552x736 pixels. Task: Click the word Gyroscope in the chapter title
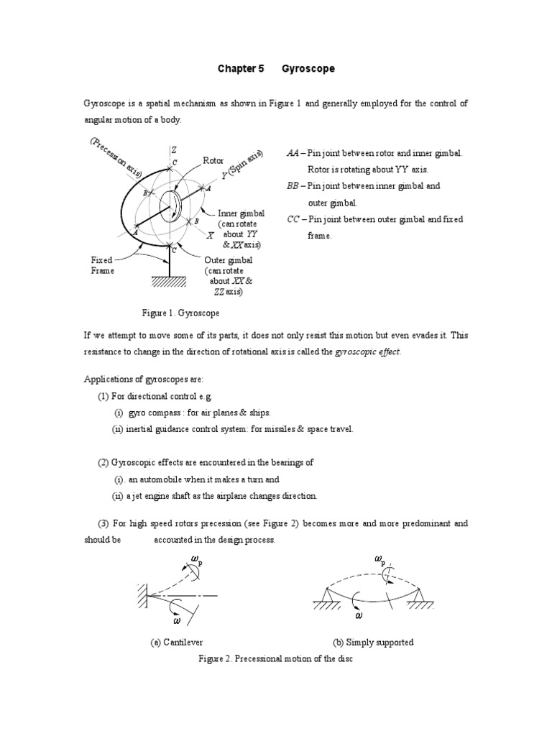(309, 69)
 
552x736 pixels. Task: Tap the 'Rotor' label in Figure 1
(213, 160)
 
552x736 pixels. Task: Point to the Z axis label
(173, 149)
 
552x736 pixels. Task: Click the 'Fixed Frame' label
(102, 265)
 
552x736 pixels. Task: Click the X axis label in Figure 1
(210, 235)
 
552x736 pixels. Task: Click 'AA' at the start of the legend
(293, 154)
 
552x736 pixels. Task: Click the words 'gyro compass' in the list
(150, 413)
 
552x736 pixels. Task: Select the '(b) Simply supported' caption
(373, 642)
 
